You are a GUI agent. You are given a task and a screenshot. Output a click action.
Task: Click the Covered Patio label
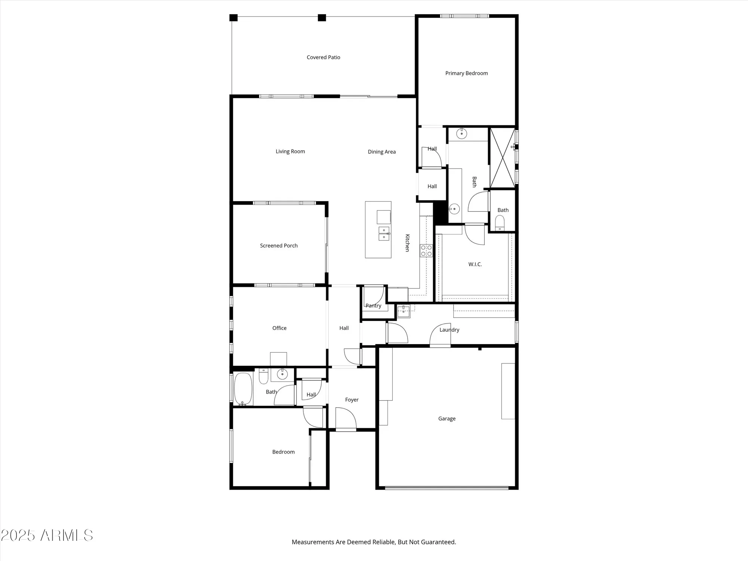(x=323, y=57)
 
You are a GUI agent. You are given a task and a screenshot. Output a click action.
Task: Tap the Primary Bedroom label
(x=466, y=73)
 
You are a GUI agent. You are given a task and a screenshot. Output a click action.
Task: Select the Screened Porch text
(x=279, y=246)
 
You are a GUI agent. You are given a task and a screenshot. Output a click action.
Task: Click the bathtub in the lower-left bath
(x=243, y=389)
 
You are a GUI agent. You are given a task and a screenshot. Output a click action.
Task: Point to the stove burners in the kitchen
(x=426, y=251)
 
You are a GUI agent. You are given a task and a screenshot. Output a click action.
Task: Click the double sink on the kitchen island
(x=384, y=233)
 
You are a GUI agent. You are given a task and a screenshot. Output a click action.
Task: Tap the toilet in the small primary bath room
(x=500, y=223)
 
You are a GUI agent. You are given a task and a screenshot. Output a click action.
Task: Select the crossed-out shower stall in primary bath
(x=502, y=157)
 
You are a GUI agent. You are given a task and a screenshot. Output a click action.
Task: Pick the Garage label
(x=447, y=419)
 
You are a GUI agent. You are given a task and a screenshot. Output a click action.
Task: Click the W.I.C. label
(x=475, y=264)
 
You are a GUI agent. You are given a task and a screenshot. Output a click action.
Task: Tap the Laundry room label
(x=449, y=330)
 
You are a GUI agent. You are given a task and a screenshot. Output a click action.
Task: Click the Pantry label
(x=373, y=306)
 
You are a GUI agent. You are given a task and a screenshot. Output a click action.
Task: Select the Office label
(x=279, y=328)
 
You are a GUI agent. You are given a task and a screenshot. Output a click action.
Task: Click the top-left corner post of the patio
(x=233, y=18)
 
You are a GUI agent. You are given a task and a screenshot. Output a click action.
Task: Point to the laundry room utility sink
(x=404, y=310)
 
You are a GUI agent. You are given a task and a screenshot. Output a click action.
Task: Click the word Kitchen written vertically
(x=408, y=243)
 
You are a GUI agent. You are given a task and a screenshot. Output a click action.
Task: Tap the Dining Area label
(x=381, y=152)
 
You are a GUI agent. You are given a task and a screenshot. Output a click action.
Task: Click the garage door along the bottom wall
(x=447, y=487)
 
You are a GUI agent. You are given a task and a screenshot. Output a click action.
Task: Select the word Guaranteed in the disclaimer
(x=438, y=542)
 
